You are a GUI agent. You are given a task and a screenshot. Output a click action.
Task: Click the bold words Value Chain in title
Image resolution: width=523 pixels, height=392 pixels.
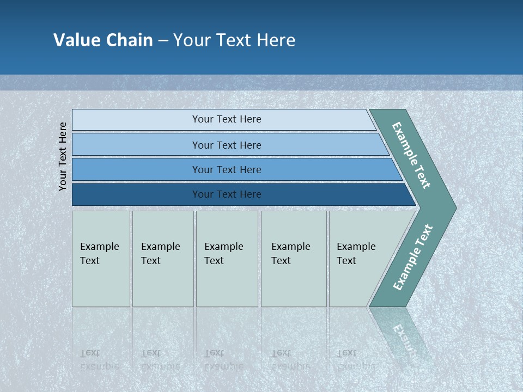click(103, 40)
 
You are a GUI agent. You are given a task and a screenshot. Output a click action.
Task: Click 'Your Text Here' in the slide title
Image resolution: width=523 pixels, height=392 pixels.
click(234, 40)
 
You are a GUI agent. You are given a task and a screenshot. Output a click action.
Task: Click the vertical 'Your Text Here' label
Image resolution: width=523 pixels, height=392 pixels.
click(63, 156)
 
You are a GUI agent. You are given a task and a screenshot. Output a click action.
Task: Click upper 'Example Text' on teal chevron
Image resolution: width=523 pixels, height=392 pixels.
click(411, 155)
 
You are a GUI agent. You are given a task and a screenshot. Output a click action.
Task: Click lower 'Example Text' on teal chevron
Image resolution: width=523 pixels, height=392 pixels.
click(412, 258)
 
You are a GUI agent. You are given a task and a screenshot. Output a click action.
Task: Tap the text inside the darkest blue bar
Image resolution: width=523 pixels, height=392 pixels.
click(227, 194)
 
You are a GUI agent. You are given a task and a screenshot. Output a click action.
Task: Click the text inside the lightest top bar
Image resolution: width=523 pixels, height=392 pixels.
click(227, 119)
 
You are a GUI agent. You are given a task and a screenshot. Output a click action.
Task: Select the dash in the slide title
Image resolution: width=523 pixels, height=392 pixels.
click(163, 41)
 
